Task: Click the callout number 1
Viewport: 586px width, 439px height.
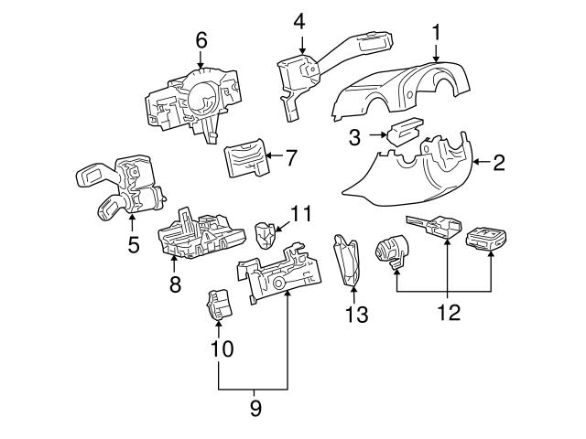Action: tap(438, 33)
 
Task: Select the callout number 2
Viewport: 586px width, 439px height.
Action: tap(499, 163)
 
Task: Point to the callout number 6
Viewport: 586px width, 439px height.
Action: tap(201, 40)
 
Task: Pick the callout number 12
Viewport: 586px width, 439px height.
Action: tap(447, 314)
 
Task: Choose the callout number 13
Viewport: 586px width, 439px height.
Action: tap(356, 316)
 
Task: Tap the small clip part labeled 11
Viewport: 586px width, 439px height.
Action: tap(266, 234)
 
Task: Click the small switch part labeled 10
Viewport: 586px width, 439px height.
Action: tap(218, 304)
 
